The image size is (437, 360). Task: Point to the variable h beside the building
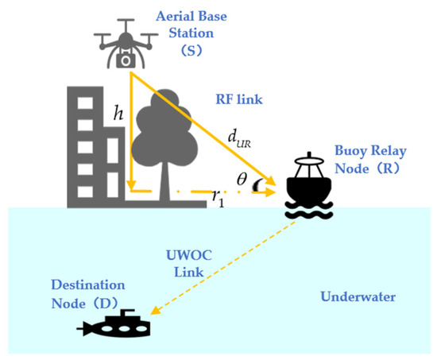[118, 114]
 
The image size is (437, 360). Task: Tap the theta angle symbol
[242, 180]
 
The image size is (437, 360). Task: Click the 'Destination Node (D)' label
[90, 292]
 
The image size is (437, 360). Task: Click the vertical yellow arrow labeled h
[130, 135]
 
